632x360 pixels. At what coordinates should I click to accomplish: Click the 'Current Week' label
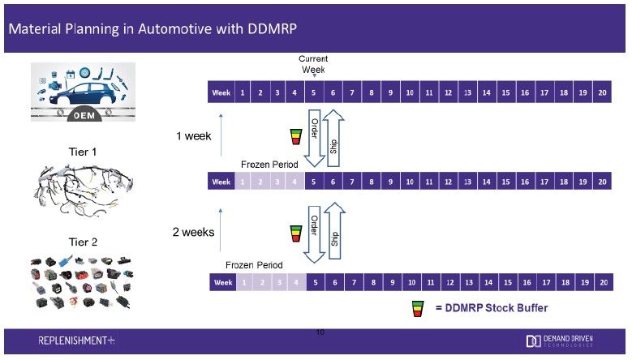click(x=312, y=64)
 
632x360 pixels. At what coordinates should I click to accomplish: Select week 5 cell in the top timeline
click(x=313, y=92)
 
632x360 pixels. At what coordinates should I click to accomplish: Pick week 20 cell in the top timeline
click(x=601, y=92)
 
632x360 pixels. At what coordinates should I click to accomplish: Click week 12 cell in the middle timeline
click(x=448, y=182)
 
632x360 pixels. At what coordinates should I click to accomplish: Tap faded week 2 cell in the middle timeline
click(x=260, y=182)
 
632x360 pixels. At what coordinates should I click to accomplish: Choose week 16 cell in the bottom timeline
click(x=525, y=281)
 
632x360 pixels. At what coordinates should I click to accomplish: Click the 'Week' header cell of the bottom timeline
click(x=221, y=281)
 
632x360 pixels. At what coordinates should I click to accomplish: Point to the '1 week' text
click(x=195, y=135)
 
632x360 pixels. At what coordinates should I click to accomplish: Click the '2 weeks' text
click(x=193, y=232)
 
